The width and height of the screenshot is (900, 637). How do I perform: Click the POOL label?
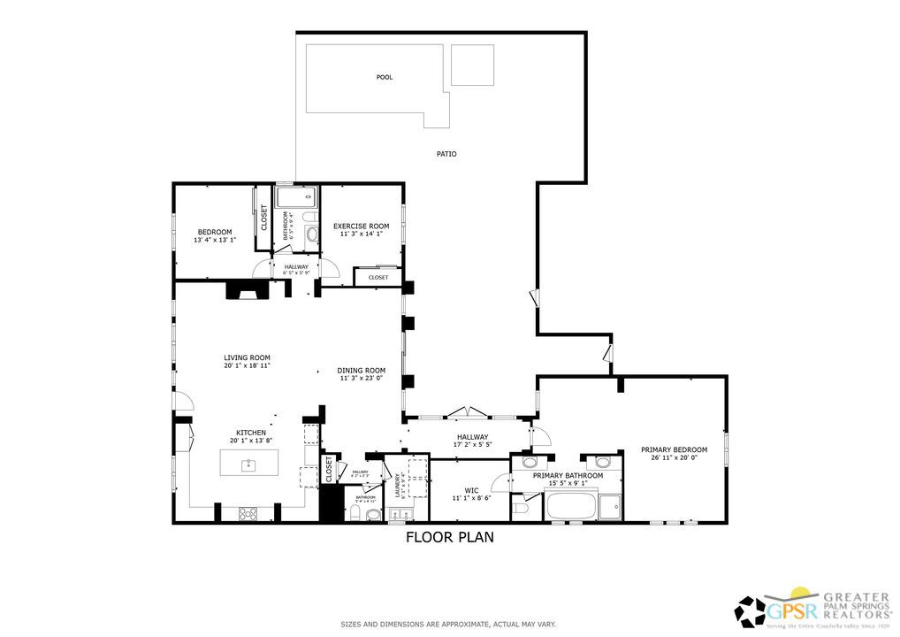click(385, 77)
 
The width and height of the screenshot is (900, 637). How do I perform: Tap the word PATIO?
click(446, 154)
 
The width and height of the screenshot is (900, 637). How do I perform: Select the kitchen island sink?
click(249, 463)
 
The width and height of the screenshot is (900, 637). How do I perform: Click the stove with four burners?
click(247, 512)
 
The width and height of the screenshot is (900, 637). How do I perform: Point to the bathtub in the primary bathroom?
click(570, 507)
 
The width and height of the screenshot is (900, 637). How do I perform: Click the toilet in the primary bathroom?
click(519, 508)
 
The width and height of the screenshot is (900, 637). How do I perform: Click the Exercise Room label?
click(361, 226)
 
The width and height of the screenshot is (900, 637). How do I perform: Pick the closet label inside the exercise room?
click(378, 277)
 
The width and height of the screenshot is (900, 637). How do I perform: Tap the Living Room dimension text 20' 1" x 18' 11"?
click(247, 365)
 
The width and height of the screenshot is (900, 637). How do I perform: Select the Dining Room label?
click(362, 370)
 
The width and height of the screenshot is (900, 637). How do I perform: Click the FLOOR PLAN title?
click(449, 537)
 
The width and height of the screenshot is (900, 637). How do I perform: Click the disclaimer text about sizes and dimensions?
click(449, 625)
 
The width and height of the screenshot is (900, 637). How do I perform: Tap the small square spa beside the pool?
click(472, 65)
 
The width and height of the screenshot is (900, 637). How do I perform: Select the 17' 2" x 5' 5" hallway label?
click(472, 444)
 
